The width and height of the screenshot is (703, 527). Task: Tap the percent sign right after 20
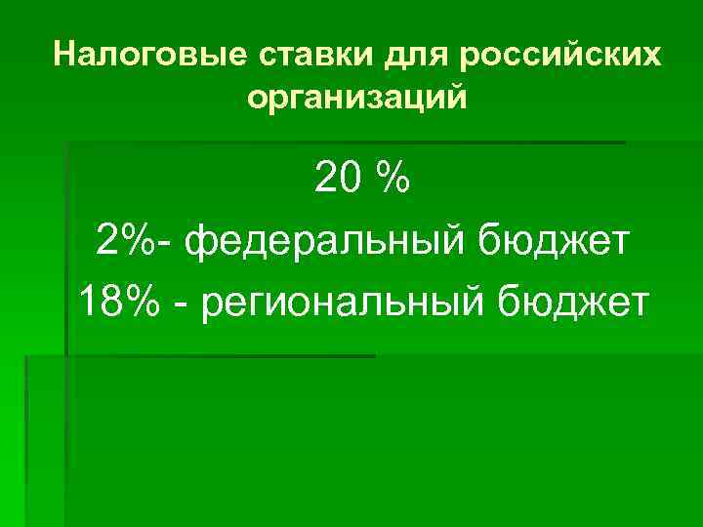coord(393,179)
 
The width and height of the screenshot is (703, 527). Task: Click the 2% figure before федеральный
coord(123,241)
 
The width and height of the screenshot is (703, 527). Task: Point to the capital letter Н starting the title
coord(64,55)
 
